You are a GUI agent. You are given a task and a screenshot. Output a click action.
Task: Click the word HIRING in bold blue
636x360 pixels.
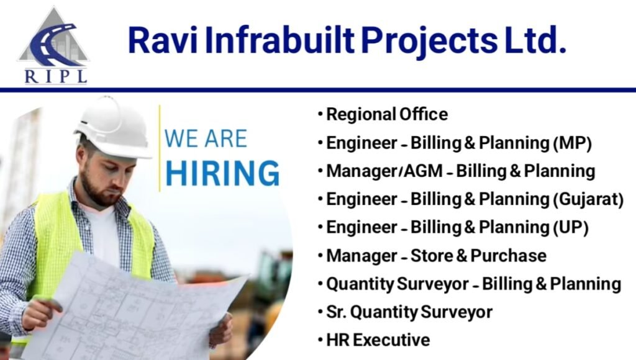(x=222, y=173)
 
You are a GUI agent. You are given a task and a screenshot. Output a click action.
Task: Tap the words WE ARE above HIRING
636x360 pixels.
(x=206, y=138)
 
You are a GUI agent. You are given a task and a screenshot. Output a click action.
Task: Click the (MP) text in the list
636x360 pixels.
(x=572, y=143)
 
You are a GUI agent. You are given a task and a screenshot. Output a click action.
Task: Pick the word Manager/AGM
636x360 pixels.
(x=372, y=171)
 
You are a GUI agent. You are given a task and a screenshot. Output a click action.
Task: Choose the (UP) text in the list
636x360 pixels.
(x=570, y=227)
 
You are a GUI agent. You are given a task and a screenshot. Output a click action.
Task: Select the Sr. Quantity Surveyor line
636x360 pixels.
(x=409, y=312)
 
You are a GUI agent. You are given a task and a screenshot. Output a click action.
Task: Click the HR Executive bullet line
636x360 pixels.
(x=378, y=340)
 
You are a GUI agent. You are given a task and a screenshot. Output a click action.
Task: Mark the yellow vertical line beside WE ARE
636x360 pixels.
(x=160, y=149)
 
